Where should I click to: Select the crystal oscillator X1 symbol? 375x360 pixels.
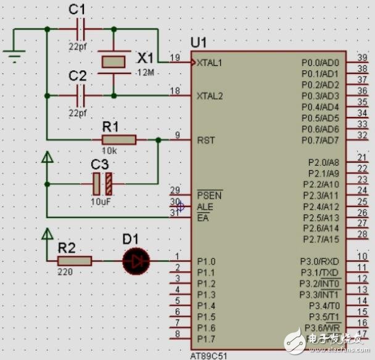(x=113, y=62)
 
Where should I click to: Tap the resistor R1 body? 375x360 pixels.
(x=118, y=140)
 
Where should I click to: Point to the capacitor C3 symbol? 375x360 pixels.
(x=102, y=183)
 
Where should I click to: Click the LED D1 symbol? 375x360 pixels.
(x=135, y=261)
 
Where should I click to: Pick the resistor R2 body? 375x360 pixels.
(x=75, y=261)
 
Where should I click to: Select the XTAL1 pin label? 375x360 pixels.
(x=210, y=62)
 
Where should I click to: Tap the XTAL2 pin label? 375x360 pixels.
(x=210, y=96)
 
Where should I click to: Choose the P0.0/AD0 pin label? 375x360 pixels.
(x=320, y=63)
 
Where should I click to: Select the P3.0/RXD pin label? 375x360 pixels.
(x=320, y=261)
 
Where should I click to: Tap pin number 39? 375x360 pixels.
(x=362, y=58)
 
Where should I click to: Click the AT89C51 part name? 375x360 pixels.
(x=209, y=356)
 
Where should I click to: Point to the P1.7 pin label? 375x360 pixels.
(x=205, y=339)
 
